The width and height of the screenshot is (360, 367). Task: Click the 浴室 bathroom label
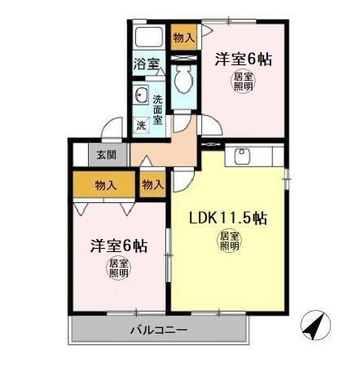click(147, 62)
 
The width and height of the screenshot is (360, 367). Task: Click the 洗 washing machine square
click(141, 126)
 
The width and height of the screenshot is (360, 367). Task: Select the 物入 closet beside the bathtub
click(184, 38)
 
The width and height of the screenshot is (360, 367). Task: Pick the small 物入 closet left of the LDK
click(152, 185)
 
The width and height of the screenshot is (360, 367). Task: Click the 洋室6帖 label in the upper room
click(243, 59)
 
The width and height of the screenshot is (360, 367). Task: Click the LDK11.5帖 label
click(229, 219)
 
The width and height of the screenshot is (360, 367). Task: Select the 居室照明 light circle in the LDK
click(229, 241)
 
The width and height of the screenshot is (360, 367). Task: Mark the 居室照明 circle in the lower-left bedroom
click(119, 268)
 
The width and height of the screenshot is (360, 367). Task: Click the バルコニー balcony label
click(159, 330)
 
